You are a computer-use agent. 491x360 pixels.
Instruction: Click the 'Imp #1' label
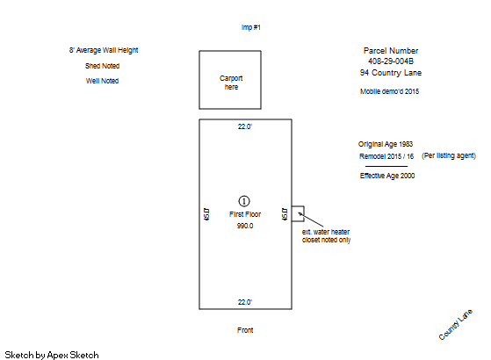251,27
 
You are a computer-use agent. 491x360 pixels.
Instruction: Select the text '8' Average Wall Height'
104,50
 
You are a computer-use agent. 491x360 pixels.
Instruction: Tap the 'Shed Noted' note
103,66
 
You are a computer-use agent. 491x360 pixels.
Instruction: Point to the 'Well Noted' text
103,81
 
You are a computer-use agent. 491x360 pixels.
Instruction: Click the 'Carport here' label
231,83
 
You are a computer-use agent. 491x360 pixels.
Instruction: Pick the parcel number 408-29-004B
391,61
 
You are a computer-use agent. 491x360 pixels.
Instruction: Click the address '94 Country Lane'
391,73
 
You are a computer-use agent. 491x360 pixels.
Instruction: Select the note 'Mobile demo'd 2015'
389,91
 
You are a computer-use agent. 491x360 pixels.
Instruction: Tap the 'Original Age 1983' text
386,144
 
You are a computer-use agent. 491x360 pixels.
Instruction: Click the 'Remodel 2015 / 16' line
386,156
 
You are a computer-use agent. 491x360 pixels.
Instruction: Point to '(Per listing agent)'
449,156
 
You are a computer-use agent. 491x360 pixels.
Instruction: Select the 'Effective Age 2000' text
387,176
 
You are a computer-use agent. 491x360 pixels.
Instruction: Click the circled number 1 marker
244,201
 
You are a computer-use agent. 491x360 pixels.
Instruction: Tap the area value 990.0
245,226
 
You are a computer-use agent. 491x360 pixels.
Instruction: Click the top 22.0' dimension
245,126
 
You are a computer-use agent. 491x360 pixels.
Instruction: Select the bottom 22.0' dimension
245,302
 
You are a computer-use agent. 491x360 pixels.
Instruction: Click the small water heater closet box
298,206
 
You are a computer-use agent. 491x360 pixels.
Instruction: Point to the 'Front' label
245,330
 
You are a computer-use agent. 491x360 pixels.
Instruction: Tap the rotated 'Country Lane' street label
456,325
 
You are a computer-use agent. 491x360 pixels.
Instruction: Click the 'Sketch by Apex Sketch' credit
52,355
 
